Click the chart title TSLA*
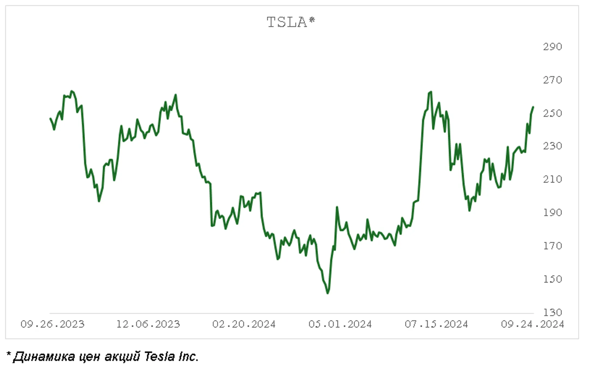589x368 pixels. tap(291, 22)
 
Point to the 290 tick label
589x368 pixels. tap(552, 47)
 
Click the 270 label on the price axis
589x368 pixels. tap(552, 80)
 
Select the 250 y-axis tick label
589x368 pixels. tap(552, 113)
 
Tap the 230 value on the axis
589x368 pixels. tap(552, 146)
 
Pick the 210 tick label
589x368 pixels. tap(552, 179)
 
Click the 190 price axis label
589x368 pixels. tap(552, 212)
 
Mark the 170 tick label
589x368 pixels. tap(552, 246)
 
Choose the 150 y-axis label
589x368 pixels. tap(552, 279)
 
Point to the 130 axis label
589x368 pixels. tap(552, 312)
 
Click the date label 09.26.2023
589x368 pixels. tap(53, 324)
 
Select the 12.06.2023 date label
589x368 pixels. tap(148, 324)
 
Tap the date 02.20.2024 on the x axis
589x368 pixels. tap(244, 324)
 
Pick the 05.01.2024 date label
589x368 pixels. tap(340, 324)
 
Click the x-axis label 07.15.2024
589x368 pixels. tap(436, 324)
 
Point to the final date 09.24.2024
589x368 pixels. tap(532, 324)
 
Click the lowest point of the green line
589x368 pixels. tap(327, 293)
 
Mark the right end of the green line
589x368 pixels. tap(533, 107)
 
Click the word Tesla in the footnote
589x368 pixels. tap(160, 357)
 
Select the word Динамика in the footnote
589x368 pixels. tap(44, 357)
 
